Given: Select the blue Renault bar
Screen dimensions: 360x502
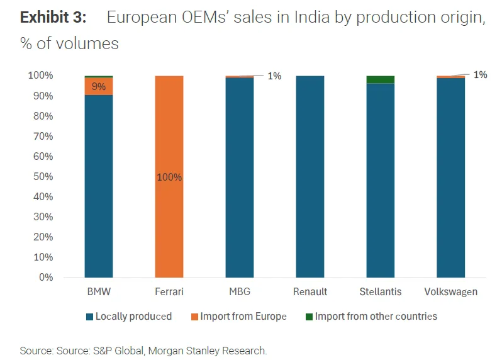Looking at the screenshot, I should [310, 176].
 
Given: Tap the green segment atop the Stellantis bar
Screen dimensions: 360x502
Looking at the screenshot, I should [380, 79].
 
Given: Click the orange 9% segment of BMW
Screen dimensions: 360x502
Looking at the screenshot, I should [99, 86].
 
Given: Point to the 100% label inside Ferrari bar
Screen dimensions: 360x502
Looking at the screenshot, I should [169, 177].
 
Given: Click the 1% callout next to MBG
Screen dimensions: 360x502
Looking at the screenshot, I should [274, 76].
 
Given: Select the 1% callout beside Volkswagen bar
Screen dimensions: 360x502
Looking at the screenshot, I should [480, 75].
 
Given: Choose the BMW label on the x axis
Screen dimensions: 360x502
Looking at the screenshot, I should [99, 292].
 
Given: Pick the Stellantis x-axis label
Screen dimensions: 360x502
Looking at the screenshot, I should [380, 292].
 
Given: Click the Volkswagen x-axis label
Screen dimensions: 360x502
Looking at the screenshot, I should [450, 292].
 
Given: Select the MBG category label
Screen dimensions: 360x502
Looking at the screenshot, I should [239, 292].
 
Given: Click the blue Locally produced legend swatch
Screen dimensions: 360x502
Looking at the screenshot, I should [89, 317].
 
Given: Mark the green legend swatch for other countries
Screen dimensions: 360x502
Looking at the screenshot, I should [308, 317].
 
